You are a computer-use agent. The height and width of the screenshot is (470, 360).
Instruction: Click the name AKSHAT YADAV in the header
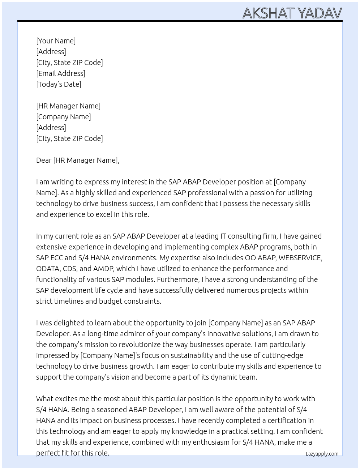[292, 13]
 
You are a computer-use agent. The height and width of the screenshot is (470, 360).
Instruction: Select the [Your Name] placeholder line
[56, 41]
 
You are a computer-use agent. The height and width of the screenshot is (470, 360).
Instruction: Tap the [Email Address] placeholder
[61, 73]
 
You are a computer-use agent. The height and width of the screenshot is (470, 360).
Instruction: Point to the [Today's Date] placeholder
[59, 84]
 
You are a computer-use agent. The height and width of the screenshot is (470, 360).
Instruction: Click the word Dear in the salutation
[44, 160]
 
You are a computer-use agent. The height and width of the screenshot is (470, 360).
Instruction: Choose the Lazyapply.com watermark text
[322, 454]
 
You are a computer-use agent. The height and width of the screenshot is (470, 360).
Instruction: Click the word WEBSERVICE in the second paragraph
[300, 258]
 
